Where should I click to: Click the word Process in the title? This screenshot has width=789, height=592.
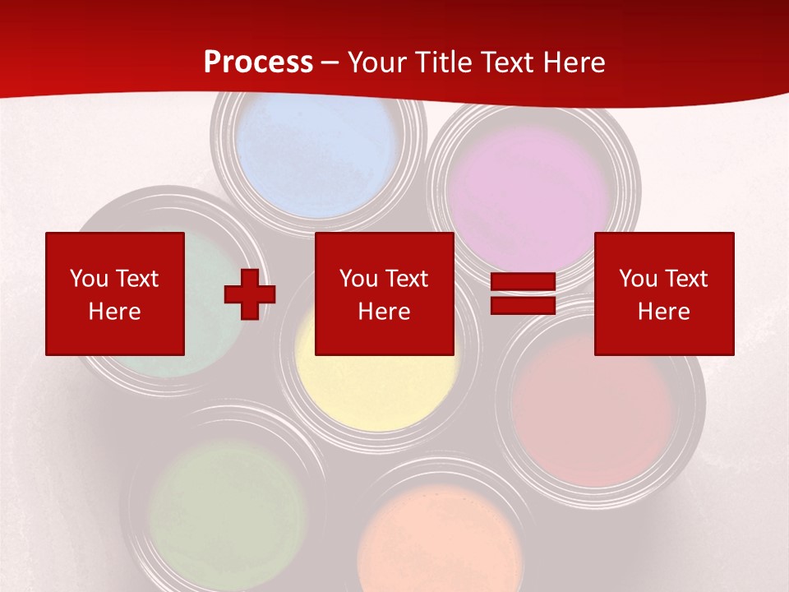point(258,62)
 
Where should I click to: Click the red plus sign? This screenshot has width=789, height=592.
point(250,294)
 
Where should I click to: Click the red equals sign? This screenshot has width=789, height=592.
point(523,294)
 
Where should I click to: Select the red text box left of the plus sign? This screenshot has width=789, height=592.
point(114,294)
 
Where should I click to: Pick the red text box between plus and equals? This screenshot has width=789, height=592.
point(384,294)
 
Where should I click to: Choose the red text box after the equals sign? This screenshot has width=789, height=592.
point(664,294)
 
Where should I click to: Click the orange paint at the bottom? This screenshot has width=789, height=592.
point(440,543)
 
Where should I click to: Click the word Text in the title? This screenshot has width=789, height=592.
point(506,62)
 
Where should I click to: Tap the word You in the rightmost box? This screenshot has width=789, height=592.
point(637,279)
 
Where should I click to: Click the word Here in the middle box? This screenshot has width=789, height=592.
point(384,312)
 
